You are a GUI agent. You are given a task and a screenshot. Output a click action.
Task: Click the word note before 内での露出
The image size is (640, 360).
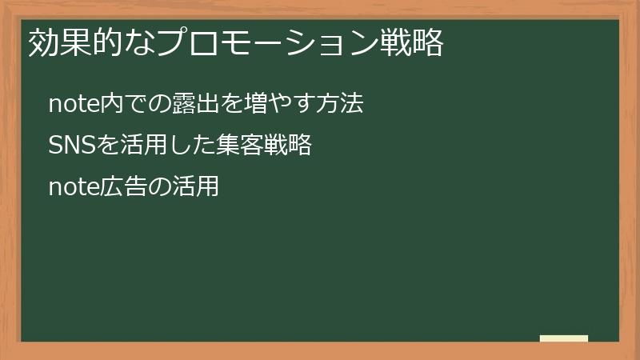pyautogui.click(x=72, y=104)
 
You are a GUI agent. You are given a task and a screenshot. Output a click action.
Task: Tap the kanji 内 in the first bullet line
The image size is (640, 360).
pyautogui.click(x=108, y=104)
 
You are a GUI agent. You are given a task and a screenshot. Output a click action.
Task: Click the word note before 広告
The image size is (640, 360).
pyautogui.click(x=72, y=187)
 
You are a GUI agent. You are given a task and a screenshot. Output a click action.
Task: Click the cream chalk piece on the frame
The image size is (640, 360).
pyautogui.click(x=564, y=339)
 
